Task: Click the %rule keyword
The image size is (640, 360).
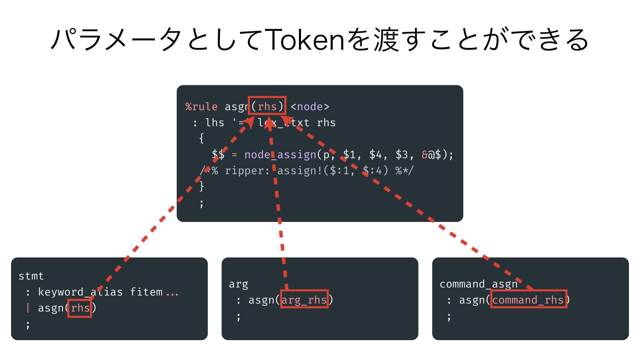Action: point(201,107)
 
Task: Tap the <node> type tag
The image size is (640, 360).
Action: point(310,107)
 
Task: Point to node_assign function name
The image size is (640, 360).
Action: point(280,155)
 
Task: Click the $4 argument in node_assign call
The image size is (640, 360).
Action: point(375,155)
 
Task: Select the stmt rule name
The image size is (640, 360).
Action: point(31,276)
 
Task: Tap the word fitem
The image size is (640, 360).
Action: point(146,292)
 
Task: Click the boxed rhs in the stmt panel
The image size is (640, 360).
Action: point(80,308)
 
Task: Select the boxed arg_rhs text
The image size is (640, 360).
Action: point(304,300)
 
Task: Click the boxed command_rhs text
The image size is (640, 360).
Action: point(528,300)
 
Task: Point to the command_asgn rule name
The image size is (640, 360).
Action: point(478,284)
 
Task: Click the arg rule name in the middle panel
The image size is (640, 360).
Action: point(238,284)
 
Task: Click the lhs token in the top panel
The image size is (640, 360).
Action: point(214,123)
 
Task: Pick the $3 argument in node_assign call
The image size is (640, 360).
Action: point(402,155)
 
